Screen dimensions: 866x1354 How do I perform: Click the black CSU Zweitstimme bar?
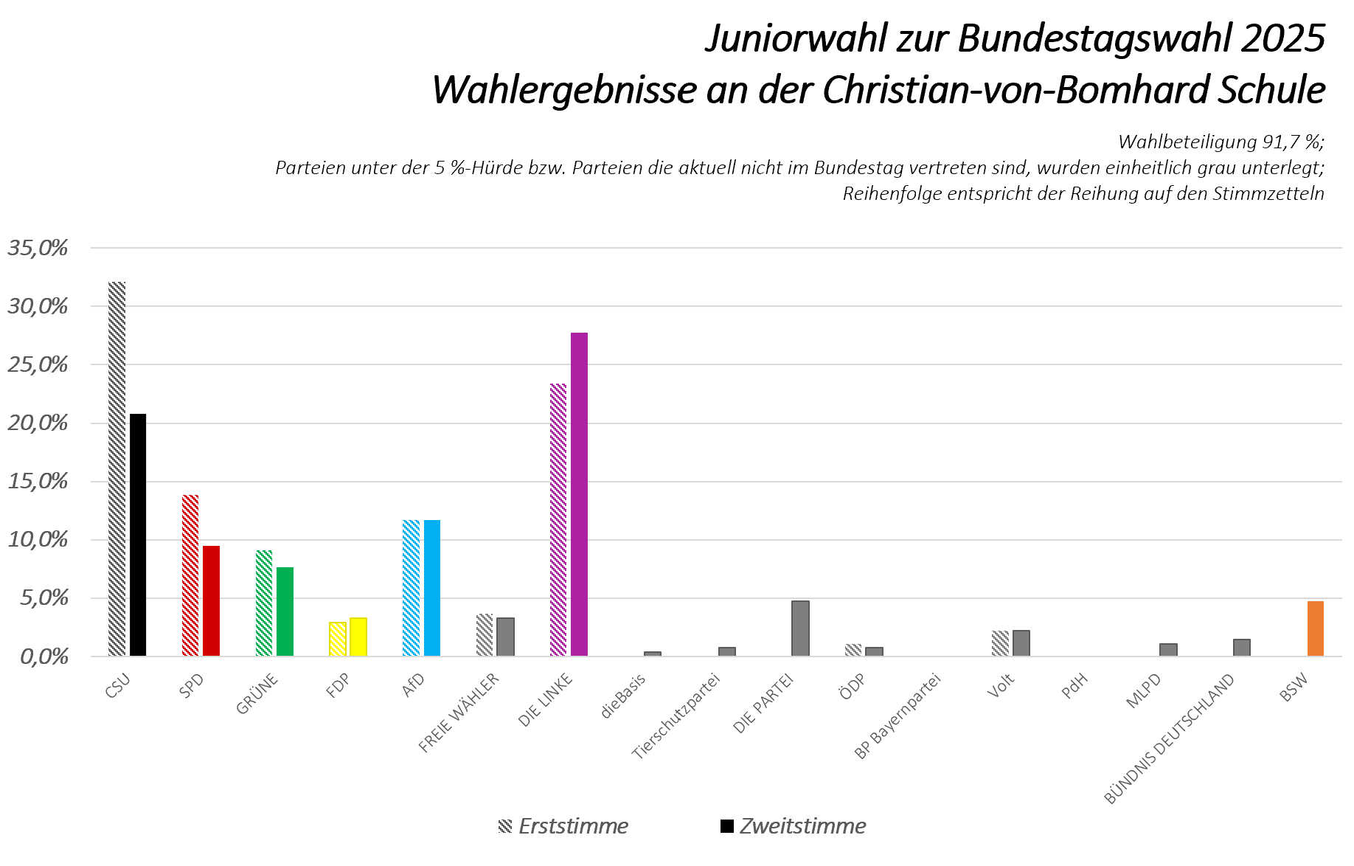[x=138, y=535]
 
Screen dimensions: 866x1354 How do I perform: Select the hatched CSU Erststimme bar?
[x=117, y=469]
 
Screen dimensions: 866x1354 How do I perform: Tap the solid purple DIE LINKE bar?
[x=579, y=494]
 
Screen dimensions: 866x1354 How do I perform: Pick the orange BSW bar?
[x=1316, y=628]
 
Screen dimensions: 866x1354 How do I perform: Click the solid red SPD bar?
[x=212, y=600]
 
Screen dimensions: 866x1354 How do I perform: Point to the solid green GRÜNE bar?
[x=285, y=612]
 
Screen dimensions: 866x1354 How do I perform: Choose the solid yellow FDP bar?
[x=358, y=637]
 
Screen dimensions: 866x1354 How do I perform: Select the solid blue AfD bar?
[x=432, y=588]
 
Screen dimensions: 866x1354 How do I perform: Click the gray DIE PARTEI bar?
[x=800, y=628]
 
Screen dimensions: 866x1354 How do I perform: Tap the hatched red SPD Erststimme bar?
[x=190, y=575]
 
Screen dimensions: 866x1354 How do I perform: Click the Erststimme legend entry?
[x=564, y=826]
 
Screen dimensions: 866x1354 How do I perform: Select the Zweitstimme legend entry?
[x=794, y=826]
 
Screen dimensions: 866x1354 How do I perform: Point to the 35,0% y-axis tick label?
[x=38, y=248]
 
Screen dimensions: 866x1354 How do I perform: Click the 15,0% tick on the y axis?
[x=38, y=482]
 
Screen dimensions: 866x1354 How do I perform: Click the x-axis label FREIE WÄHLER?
[x=459, y=712]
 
